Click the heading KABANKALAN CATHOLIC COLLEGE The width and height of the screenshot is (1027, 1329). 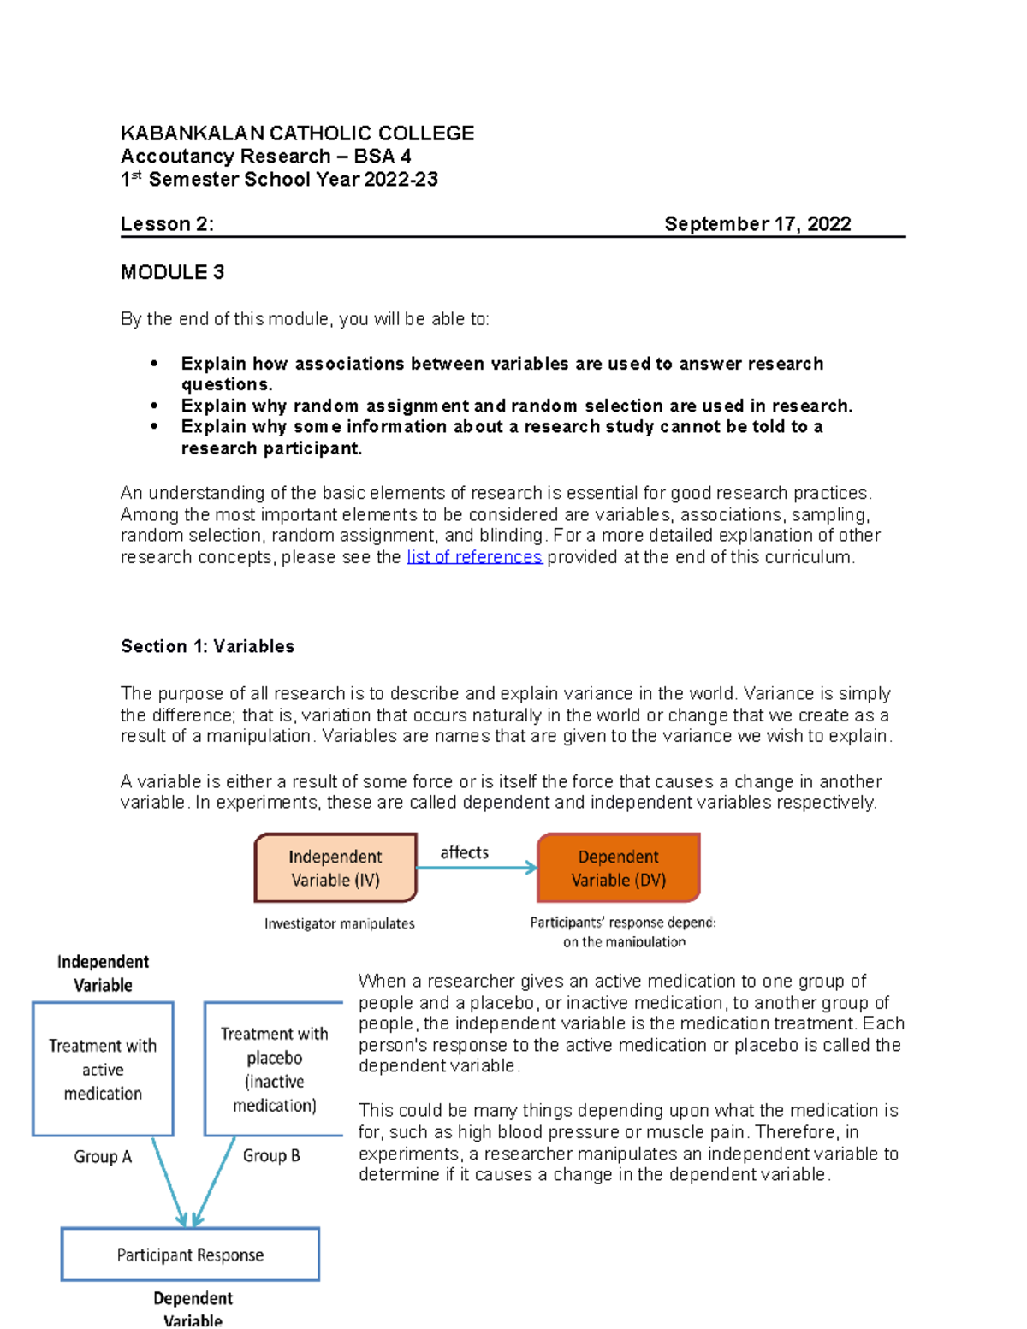click(x=297, y=133)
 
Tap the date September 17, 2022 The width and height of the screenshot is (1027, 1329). click(x=757, y=224)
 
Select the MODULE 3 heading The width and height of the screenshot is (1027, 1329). click(x=172, y=272)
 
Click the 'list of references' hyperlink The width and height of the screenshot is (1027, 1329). click(x=474, y=557)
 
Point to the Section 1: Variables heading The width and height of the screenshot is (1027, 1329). click(x=207, y=646)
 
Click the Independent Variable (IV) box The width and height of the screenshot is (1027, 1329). click(x=335, y=868)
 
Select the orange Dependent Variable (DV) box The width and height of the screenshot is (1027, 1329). click(x=618, y=868)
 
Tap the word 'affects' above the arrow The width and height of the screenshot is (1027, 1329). click(x=464, y=852)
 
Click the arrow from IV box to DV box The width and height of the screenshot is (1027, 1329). click(x=476, y=869)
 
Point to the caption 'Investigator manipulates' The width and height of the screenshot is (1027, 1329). click(x=339, y=923)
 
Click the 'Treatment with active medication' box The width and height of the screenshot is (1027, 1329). click(x=103, y=1069)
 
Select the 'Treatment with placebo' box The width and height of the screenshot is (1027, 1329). click(x=274, y=1069)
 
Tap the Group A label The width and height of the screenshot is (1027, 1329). click(x=103, y=1157)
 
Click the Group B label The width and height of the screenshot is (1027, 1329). click(x=271, y=1156)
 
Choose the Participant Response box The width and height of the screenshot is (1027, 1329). click(x=190, y=1255)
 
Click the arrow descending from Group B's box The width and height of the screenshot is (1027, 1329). click(x=215, y=1181)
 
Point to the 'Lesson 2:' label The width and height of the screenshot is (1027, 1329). click(x=167, y=224)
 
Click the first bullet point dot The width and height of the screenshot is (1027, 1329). click(x=154, y=364)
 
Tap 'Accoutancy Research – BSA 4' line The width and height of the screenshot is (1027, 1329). click(x=265, y=157)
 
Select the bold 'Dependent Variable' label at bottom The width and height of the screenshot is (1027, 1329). click(x=193, y=1308)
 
